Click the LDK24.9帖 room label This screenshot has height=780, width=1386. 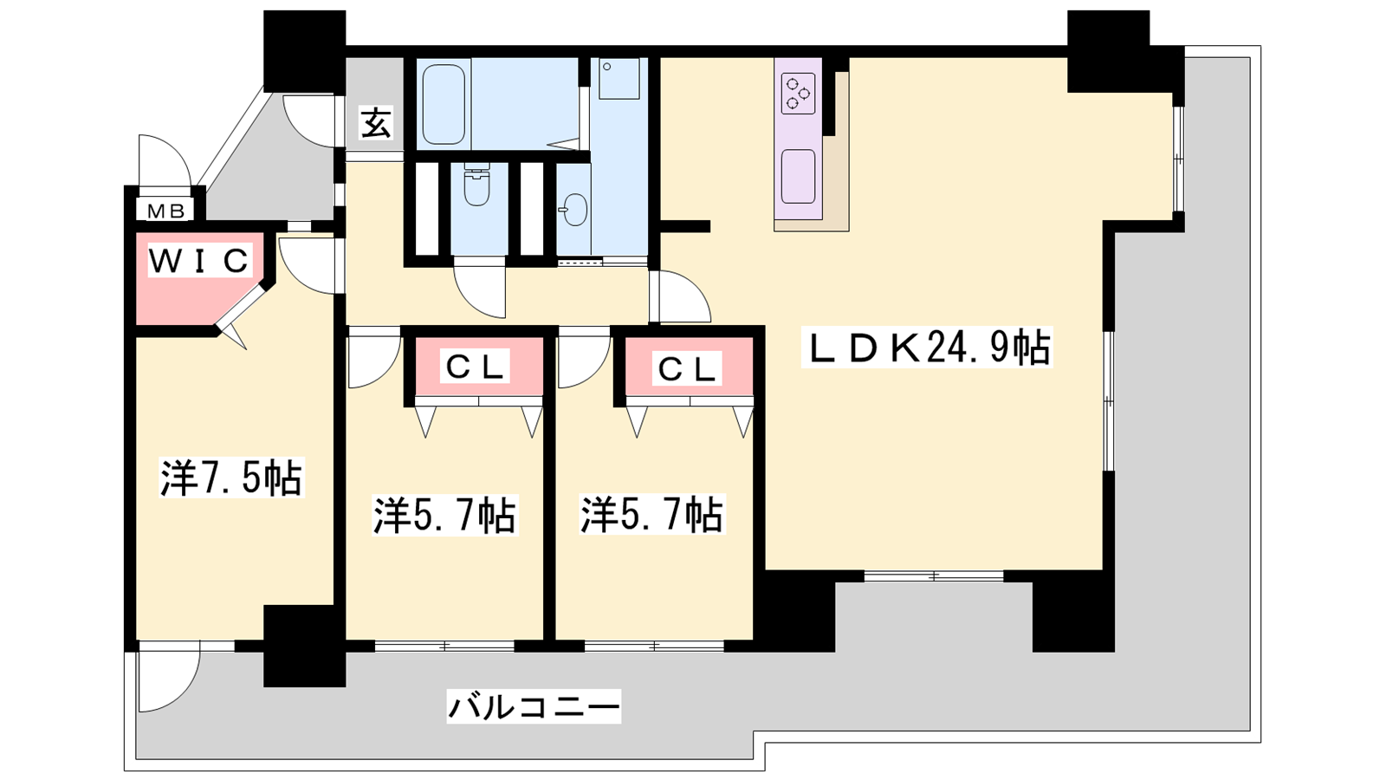click(x=926, y=348)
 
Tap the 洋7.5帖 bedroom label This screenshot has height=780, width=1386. click(x=231, y=478)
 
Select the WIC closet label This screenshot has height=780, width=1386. click(x=200, y=261)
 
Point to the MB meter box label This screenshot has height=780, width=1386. click(x=165, y=211)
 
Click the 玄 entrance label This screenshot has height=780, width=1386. click(x=376, y=122)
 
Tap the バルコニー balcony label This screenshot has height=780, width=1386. click(x=534, y=706)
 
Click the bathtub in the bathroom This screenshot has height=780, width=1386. click(x=444, y=105)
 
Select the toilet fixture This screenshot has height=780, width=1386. click(x=476, y=184)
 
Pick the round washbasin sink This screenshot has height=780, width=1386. click(x=575, y=210)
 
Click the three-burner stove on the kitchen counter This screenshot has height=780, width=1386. click(x=798, y=94)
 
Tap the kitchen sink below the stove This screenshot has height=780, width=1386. click(x=798, y=177)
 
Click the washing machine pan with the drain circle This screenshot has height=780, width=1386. click(x=619, y=79)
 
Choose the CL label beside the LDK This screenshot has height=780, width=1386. click(x=687, y=369)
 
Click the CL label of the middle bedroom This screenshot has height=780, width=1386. click(x=475, y=367)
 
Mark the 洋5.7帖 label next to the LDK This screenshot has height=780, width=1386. click(x=652, y=513)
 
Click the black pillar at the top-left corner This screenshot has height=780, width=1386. click(x=304, y=51)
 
